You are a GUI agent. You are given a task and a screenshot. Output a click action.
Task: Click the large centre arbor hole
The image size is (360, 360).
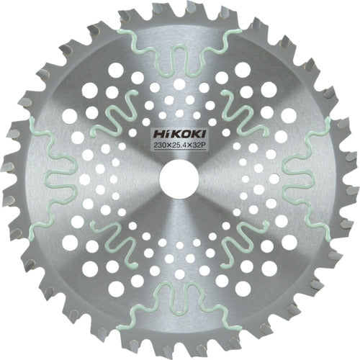pos(178,179)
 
